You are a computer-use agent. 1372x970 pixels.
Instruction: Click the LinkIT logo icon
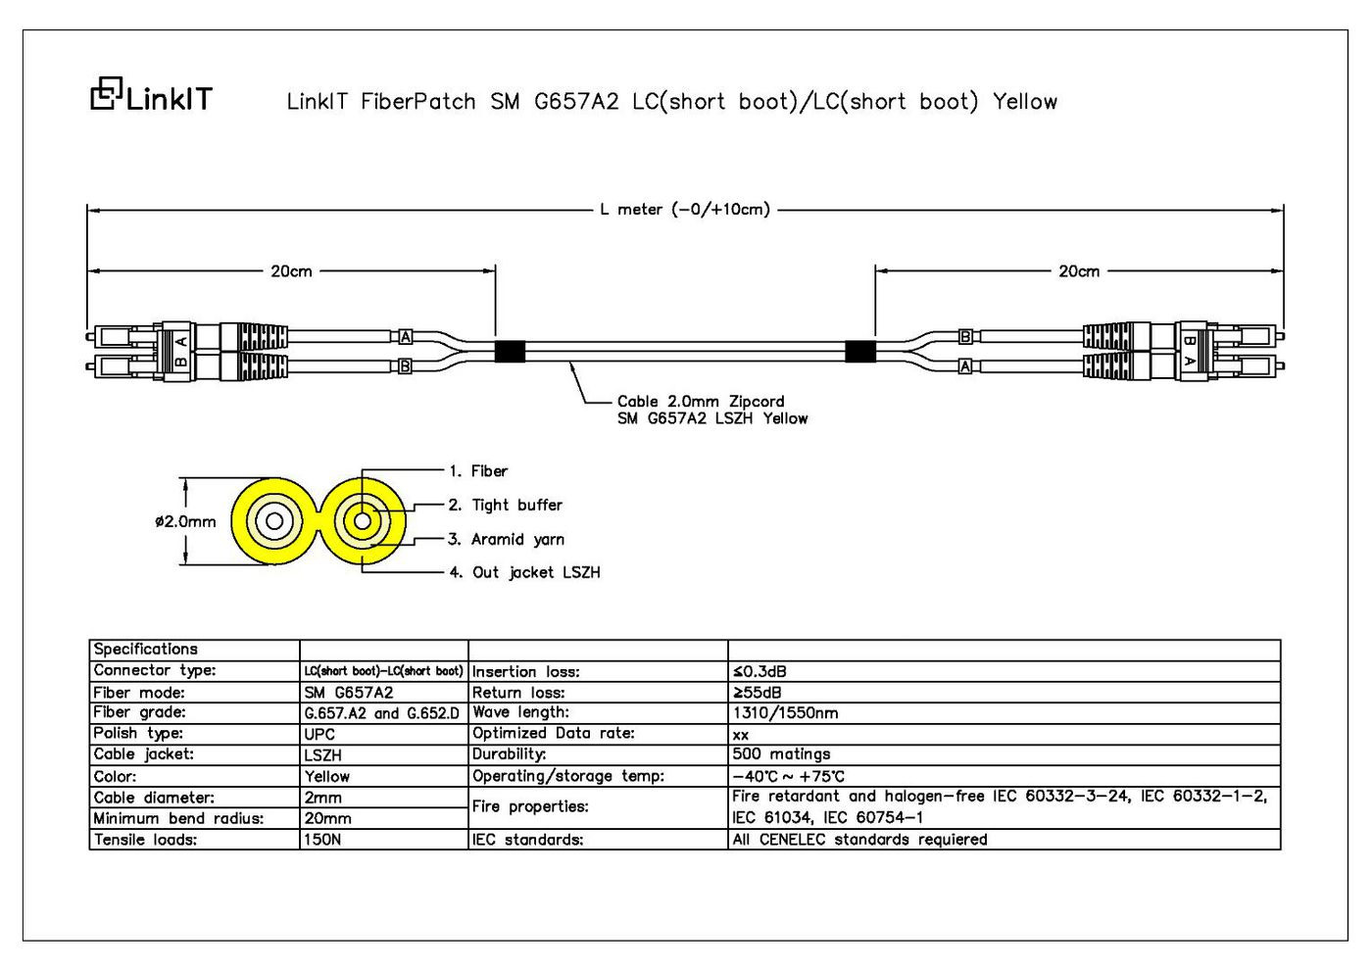click(107, 93)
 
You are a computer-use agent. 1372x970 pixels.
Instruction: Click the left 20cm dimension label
click(292, 271)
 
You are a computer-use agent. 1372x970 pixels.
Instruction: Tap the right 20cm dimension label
click(1079, 271)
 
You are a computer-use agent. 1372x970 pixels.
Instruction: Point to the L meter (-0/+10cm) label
click(685, 210)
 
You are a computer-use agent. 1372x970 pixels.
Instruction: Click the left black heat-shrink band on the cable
click(510, 352)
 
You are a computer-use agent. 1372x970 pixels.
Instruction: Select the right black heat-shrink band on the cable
click(860, 352)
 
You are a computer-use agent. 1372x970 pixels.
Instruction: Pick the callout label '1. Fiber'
click(478, 471)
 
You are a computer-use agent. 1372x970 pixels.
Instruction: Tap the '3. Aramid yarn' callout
click(506, 540)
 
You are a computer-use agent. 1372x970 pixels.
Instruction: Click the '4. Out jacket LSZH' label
click(525, 572)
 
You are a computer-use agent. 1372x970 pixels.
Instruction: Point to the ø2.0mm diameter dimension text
click(185, 521)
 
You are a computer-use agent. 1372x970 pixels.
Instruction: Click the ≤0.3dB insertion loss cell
click(759, 672)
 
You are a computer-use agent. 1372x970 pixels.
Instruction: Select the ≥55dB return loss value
click(757, 693)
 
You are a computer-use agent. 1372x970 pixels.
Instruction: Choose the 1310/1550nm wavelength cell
click(785, 713)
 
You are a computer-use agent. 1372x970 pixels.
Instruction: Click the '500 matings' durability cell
click(782, 753)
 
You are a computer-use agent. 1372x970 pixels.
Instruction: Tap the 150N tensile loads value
click(322, 839)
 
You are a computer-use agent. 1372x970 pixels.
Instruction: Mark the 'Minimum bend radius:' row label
click(178, 818)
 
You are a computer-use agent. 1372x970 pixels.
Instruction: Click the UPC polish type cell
click(319, 734)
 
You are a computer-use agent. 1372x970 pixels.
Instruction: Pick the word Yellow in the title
click(1025, 101)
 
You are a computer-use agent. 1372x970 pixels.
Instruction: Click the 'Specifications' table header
click(146, 649)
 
